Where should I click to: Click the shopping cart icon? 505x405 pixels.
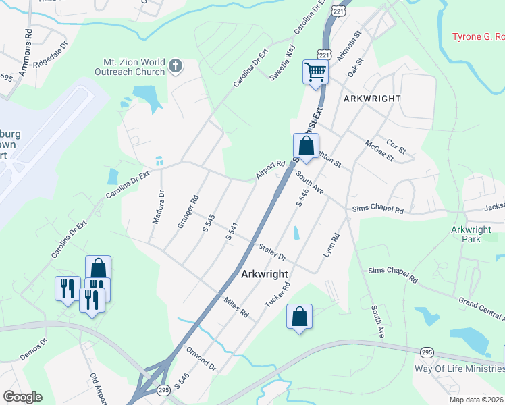[316, 72]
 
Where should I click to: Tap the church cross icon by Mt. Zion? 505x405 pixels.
[176, 66]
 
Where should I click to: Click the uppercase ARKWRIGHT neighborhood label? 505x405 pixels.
[372, 99]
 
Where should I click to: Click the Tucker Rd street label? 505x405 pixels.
[277, 295]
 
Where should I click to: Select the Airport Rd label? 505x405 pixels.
[271, 169]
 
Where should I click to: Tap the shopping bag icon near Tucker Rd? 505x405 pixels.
[299, 316]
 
